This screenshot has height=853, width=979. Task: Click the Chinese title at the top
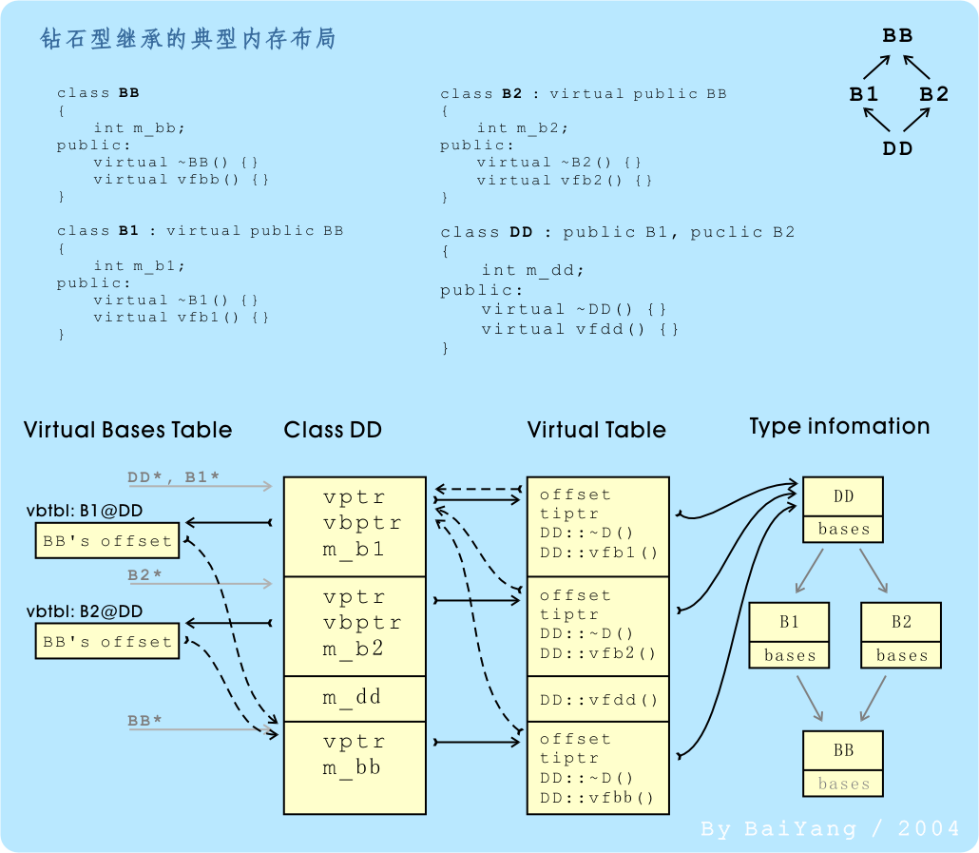point(187,39)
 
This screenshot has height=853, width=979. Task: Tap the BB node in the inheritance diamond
point(897,36)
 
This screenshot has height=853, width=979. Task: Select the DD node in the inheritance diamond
point(897,148)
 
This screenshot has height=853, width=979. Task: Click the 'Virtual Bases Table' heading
point(127,430)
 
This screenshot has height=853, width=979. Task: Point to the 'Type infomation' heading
point(839,426)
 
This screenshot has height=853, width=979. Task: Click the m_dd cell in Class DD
point(354,698)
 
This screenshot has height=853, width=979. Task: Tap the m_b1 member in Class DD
point(354,549)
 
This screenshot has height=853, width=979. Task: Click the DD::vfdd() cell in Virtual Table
point(598,701)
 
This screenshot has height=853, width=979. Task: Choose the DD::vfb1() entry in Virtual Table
point(598,553)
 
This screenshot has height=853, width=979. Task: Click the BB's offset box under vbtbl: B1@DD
point(107,541)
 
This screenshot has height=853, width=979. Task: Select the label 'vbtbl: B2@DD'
point(85,611)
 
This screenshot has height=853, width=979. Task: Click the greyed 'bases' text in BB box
point(843,784)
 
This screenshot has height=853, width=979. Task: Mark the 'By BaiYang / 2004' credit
point(830,829)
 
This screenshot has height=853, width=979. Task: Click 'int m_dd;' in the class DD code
point(532,271)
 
